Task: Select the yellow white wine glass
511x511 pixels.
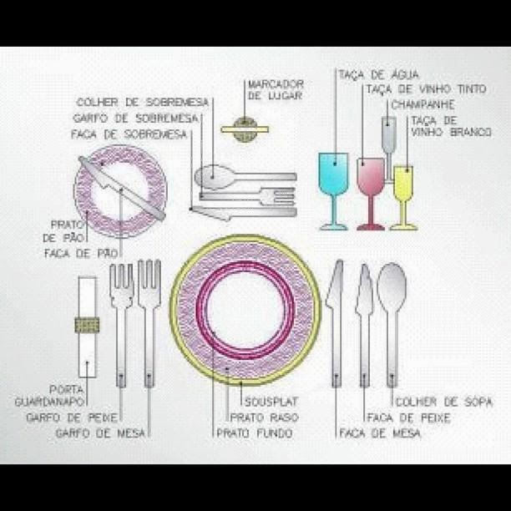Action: tap(403, 182)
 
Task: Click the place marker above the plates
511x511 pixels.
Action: tap(245, 129)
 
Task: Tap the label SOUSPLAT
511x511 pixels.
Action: tap(267, 402)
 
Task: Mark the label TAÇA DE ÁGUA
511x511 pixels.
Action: tap(377, 75)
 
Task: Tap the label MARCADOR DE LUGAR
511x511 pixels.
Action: tap(276, 90)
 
